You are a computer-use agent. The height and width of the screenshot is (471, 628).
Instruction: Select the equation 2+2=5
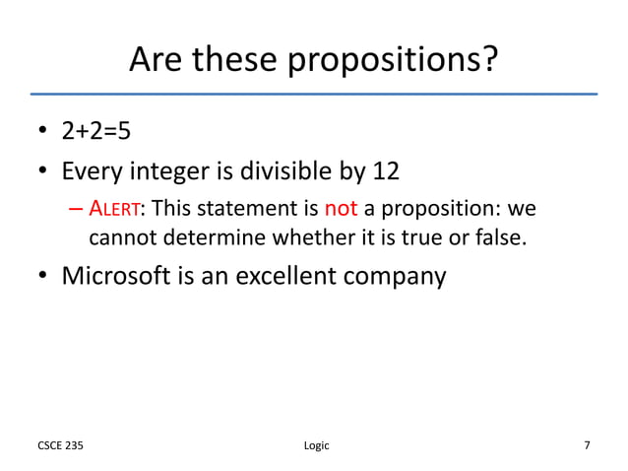point(96,133)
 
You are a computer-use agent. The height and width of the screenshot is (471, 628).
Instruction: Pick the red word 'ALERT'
point(116,209)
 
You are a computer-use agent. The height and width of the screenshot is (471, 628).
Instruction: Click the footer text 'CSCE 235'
point(60,445)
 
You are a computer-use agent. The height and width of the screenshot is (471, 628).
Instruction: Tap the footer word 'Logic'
point(313,445)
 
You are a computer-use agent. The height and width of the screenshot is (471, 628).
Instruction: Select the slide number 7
point(588,445)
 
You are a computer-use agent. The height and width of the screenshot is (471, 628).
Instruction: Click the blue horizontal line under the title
point(313,94)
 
